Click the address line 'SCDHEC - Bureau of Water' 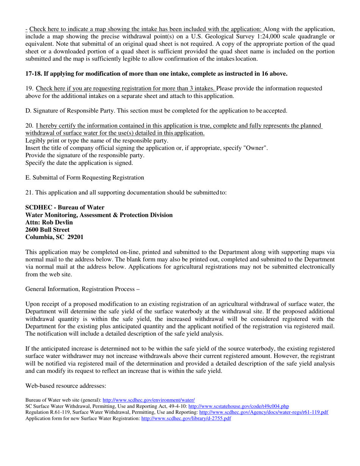pos(65,207)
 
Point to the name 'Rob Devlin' pos(56,222)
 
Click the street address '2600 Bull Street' pos(47,230)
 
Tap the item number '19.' pos(29,88)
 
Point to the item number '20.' pos(29,125)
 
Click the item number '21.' pos(29,192)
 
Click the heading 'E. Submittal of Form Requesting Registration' pos(85,177)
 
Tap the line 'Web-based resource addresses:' pos(65,385)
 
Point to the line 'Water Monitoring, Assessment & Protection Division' pos(99,215)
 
